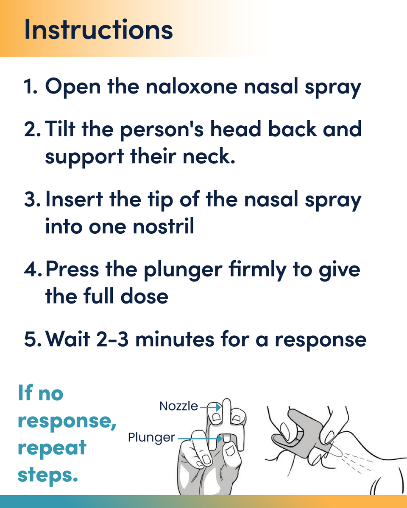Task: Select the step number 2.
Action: (32, 130)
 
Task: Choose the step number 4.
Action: (33, 270)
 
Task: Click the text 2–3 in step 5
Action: (113, 339)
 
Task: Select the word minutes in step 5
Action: (175, 339)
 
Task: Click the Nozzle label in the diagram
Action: (178, 406)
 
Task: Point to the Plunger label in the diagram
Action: (151, 437)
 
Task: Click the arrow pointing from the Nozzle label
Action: (211, 407)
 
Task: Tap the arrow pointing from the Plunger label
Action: (200, 439)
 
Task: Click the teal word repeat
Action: (52, 448)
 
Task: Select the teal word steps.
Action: (47, 475)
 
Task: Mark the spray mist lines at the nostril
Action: (357, 462)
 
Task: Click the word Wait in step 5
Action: (68, 339)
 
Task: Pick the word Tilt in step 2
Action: (60, 129)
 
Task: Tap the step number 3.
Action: (32, 199)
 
